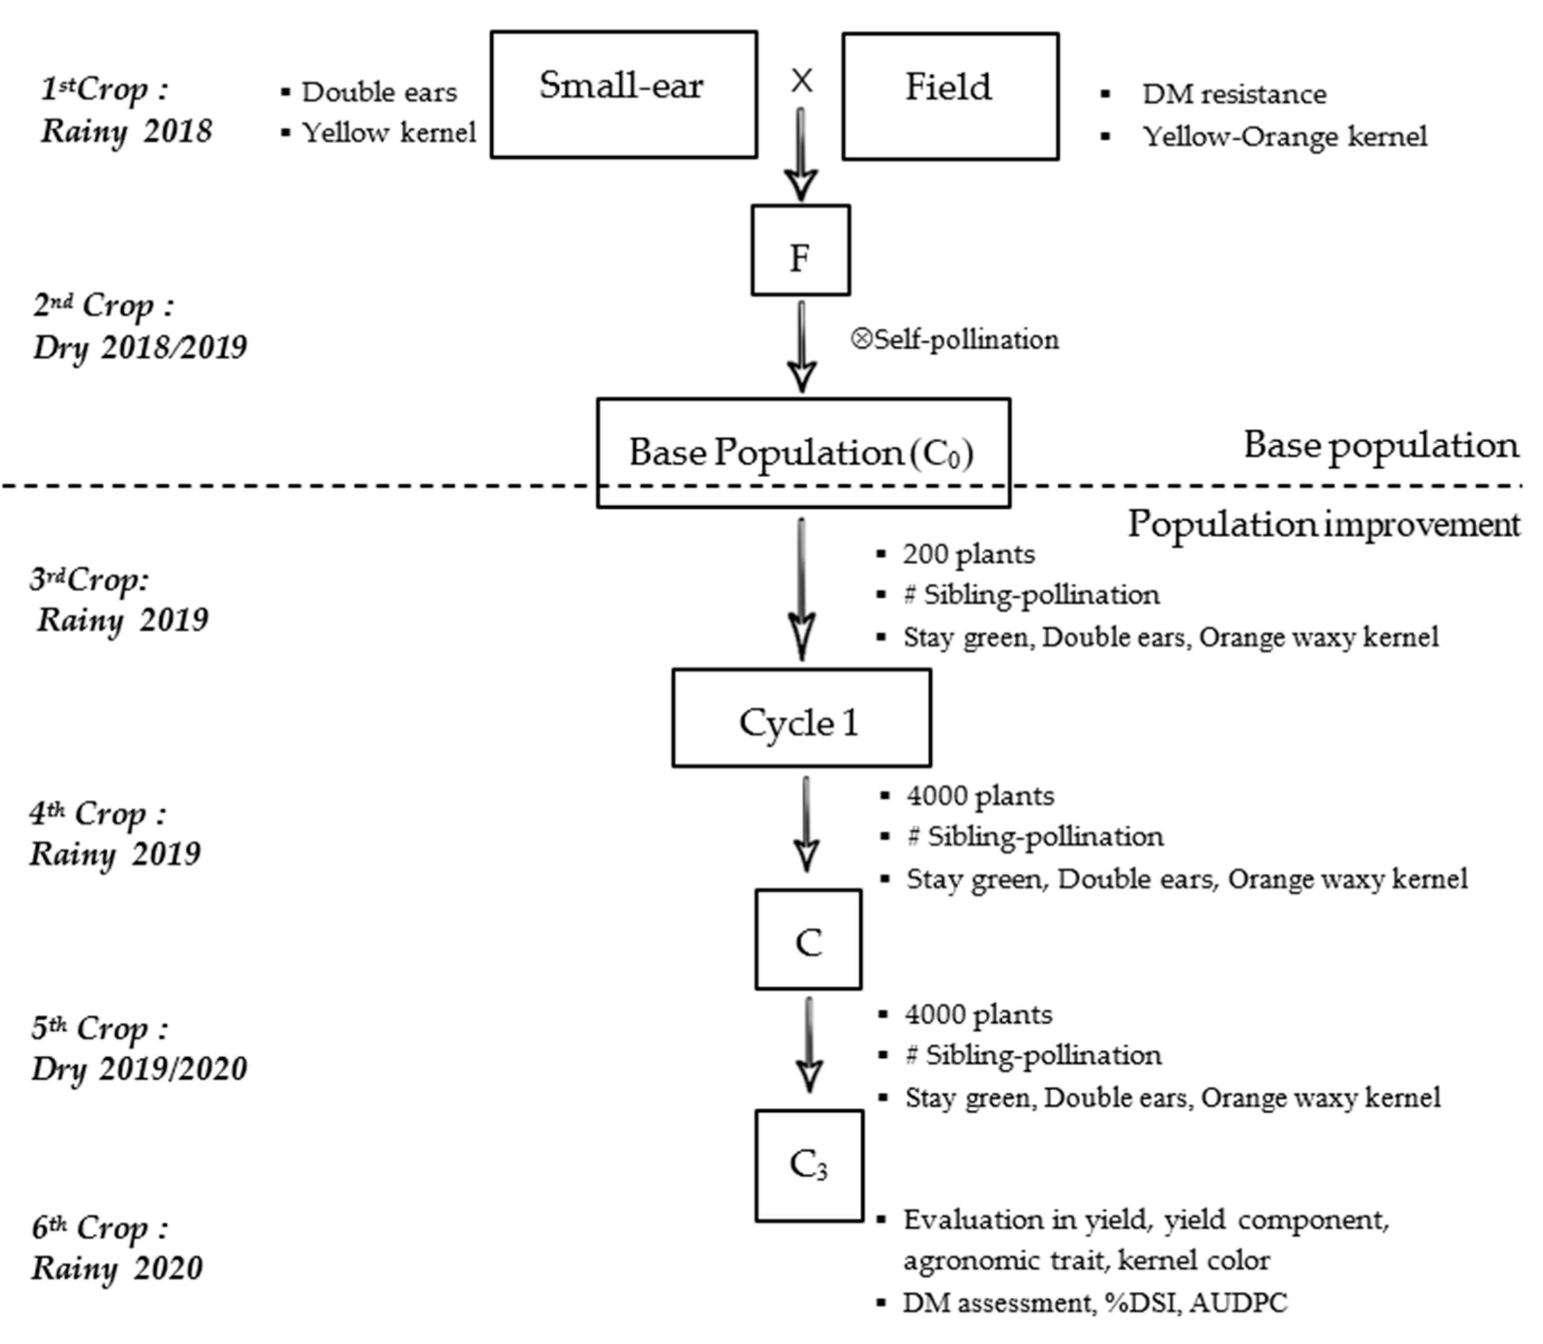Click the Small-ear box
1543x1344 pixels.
point(623,94)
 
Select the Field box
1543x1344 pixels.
point(950,96)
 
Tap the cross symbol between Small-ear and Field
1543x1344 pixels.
point(801,80)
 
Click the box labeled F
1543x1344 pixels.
point(800,250)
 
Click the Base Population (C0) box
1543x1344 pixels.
point(803,452)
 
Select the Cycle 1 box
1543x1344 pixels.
point(801,718)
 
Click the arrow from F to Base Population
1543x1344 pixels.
point(801,345)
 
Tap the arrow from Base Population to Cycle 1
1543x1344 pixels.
point(801,589)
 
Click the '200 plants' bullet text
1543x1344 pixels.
point(968,554)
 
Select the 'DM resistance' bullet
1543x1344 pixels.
point(1233,94)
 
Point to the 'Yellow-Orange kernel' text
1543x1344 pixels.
point(1284,136)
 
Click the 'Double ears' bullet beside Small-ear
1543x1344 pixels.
point(379,92)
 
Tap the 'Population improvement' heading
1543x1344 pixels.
point(1323,524)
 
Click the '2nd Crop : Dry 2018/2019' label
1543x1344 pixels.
point(139,326)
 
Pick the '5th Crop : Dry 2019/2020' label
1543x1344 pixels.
point(139,1048)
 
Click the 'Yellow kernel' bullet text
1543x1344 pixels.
point(388,133)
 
